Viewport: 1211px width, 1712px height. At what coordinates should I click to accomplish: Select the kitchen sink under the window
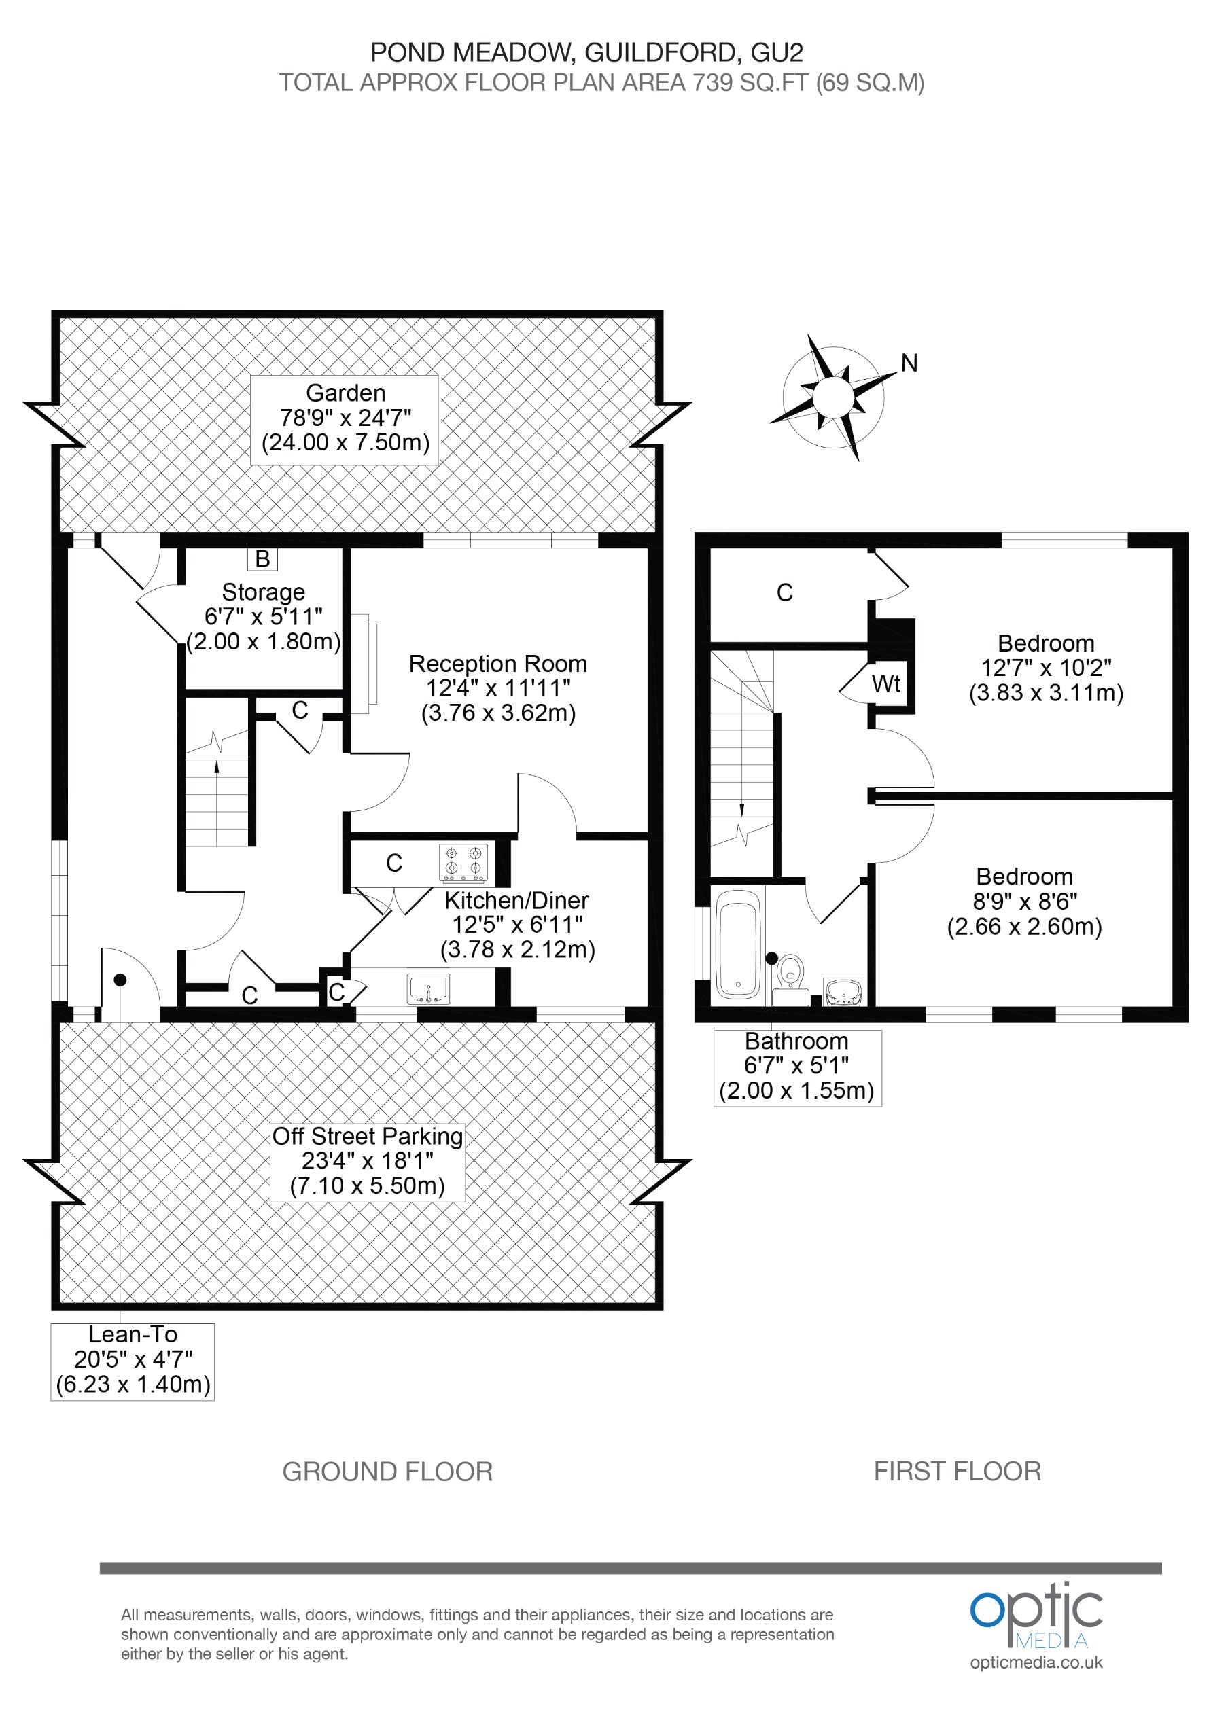coord(428,988)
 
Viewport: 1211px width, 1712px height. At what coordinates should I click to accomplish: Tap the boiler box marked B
coord(262,558)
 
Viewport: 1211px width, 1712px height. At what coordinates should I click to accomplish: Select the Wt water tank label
coord(886,683)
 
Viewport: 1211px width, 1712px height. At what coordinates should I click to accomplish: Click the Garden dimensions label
coord(345,418)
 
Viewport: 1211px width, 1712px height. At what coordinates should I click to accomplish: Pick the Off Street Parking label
coord(367,1160)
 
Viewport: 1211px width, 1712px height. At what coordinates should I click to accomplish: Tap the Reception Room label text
coord(497,663)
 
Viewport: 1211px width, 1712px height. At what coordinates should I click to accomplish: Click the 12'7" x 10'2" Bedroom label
coord(1045,667)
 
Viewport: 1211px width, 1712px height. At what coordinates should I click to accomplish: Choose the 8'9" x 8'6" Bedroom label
coord(1024,901)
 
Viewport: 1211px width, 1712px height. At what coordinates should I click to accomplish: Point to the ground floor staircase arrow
coord(217,768)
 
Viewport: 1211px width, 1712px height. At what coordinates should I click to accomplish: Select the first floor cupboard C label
coord(784,593)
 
